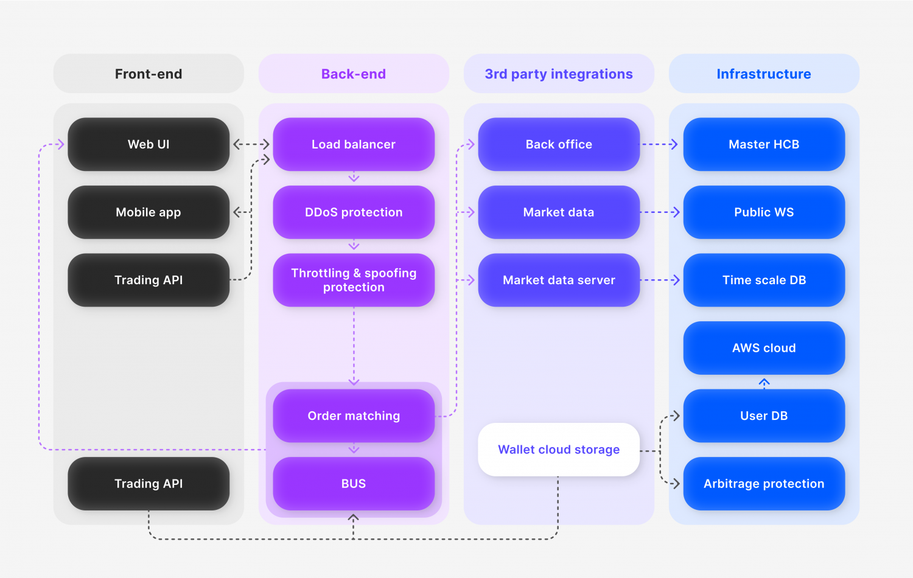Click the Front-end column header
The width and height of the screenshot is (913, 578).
(149, 74)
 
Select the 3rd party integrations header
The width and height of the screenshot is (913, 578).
(559, 74)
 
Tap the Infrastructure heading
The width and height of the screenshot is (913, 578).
(764, 74)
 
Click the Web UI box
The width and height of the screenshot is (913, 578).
(149, 144)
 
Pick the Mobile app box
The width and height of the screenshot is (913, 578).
(149, 212)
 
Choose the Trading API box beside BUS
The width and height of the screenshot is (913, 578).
(149, 484)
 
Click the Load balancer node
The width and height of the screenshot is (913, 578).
(354, 144)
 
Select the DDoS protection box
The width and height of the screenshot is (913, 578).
(354, 212)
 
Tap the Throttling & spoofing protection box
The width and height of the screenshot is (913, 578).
(354, 280)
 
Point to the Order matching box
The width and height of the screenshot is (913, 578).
(354, 416)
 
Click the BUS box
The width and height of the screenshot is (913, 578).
(354, 484)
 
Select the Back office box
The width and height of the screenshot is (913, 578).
(559, 144)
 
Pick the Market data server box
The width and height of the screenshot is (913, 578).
(559, 280)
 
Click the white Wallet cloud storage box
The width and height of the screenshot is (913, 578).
(559, 450)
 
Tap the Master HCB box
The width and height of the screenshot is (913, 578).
(764, 144)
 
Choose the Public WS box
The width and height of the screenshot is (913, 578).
(764, 212)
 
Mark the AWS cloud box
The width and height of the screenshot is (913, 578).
(764, 348)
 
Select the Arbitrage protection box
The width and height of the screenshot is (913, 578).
(764, 484)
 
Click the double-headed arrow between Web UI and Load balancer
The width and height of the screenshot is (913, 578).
(251, 144)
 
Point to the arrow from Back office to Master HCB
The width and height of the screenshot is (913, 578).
(660, 144)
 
